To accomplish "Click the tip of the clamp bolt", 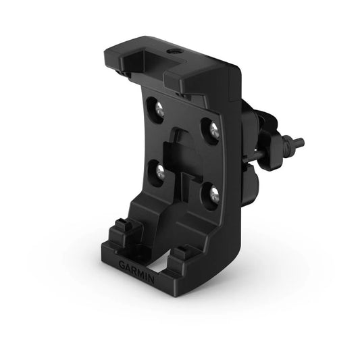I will (x=300, y=143).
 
